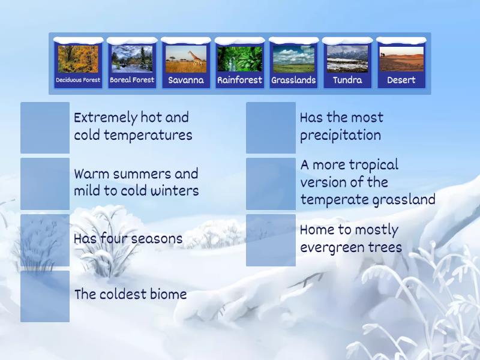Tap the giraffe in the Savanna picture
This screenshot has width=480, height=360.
point(196,58)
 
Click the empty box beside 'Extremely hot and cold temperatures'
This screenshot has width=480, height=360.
point(45,127)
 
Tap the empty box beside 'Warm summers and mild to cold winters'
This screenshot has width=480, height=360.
point(45,184)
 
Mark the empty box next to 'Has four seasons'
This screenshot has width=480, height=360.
point(45,240)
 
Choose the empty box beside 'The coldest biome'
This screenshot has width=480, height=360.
point(45,296)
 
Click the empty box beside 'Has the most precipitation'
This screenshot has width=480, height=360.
point(271,127)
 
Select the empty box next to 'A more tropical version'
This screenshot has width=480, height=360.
point(271,184)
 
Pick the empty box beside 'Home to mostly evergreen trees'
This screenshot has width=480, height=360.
point(271,240)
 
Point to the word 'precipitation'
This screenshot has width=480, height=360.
point(340,136)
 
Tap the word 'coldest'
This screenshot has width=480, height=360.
point(124,295)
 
